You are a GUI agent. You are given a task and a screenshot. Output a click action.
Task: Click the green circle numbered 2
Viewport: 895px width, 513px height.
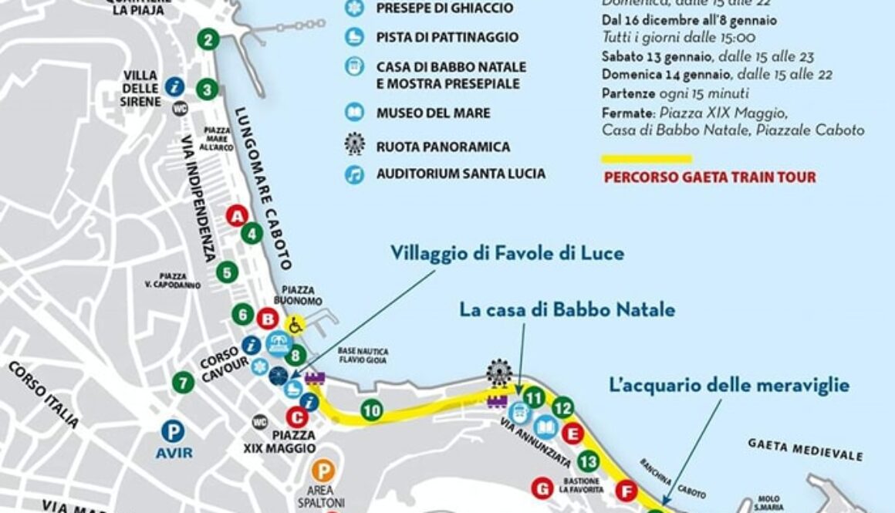[207, 39]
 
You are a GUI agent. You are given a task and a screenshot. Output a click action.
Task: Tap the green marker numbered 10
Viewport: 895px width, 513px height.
[372, 411]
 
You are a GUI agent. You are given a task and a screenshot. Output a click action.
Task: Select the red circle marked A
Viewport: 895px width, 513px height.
[237, 216]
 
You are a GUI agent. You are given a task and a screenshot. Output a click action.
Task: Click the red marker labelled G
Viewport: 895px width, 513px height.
[542, 488]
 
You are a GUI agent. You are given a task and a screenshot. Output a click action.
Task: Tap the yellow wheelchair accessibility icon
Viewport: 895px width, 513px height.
[294, 325]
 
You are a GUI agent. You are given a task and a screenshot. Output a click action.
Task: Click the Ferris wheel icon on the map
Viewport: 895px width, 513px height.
[499, 374]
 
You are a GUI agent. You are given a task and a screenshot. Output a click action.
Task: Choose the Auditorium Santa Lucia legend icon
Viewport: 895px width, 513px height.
[354, 174]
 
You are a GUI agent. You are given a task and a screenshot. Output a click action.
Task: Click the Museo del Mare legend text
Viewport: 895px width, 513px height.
[433, 113]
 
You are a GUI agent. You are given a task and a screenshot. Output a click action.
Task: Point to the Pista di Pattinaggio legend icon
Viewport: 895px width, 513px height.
[354, 37]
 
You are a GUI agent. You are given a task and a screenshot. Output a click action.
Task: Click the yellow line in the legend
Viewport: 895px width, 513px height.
[646, 159]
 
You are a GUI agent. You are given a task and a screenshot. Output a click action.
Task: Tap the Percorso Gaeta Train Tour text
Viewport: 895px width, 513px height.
[709, 177]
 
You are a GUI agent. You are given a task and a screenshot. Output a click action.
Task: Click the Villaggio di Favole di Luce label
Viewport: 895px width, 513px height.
[507, 253]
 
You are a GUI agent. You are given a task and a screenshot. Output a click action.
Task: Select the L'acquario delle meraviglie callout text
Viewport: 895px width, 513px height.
[729, 385]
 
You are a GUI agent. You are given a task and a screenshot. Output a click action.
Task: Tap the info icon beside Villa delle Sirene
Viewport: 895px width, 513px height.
[174, 86]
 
